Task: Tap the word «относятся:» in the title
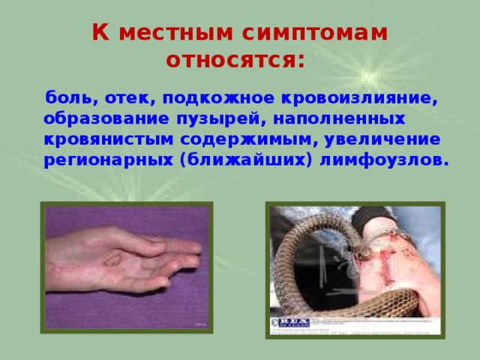click(x=235, y=59)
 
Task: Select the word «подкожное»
click(x=218, y=98)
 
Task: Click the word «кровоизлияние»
click(x=361, y=98)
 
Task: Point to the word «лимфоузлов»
click(x=379, y=161)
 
